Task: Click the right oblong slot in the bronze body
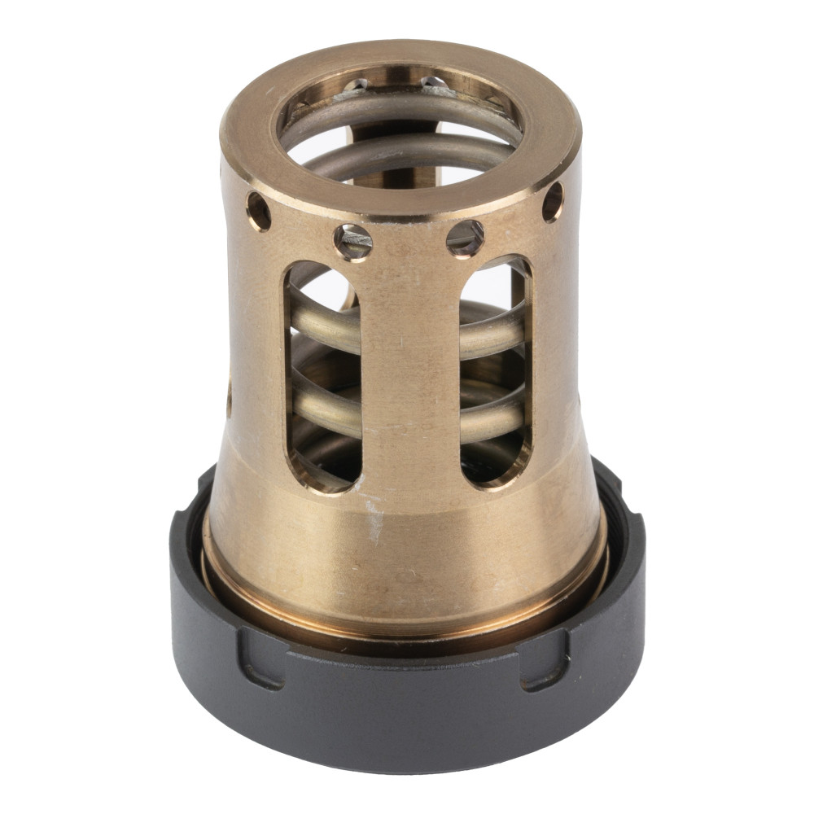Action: tap(495, 374)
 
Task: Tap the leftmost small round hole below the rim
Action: tap(259, 211)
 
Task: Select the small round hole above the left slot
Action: tap(353, 242)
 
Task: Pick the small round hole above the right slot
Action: tap(465, 238)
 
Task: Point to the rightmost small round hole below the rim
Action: tap(553, 201)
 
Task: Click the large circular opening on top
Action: tap(400, 134)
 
